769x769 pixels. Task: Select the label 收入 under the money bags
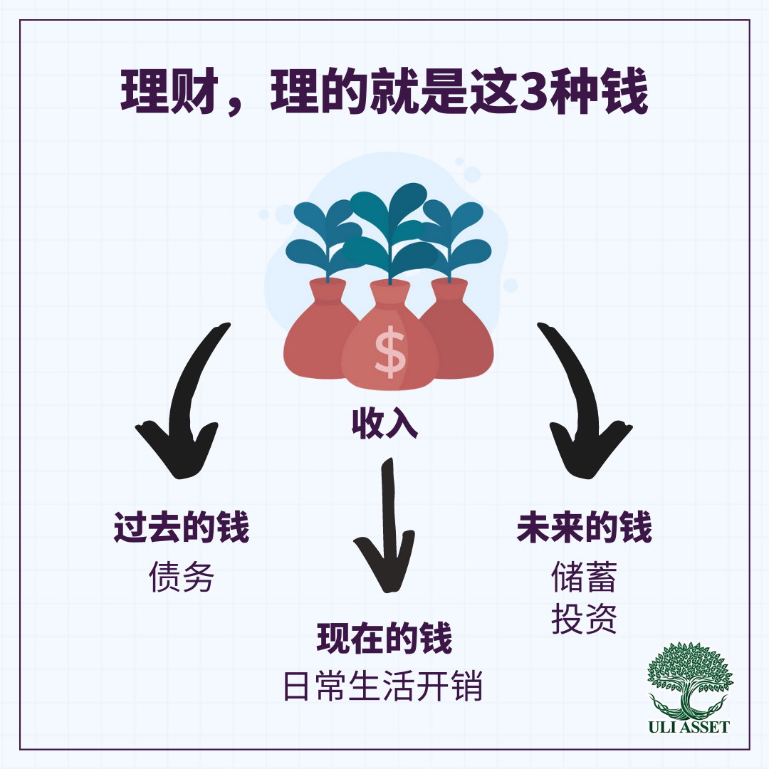pos(384,424)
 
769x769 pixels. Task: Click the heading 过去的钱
pos(182,528)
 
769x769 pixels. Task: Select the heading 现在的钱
pos(384,639)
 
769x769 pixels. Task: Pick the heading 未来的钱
pos(584,528)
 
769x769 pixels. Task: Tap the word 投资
pos(584,619)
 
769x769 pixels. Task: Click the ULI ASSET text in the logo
pos(689,727)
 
